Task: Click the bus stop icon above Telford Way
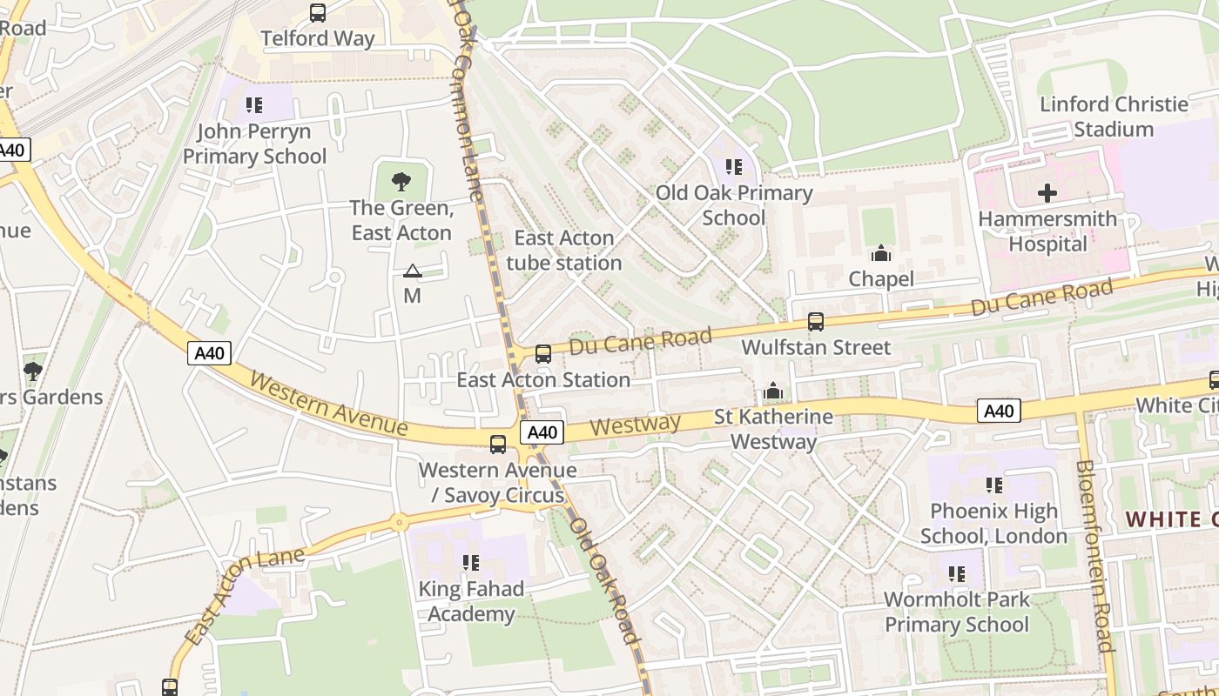tap(318, 13)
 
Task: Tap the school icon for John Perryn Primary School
tap(254, 105)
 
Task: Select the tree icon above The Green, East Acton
tap(401, 182)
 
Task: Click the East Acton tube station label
tap(564, 251)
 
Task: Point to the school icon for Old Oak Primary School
tap(734, 166)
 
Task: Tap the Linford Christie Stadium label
tap(1114, 117)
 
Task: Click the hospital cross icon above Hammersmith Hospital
tap(1047, 193)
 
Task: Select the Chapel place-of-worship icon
tap(881, 253)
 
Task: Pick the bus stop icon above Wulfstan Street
tap(816, 322)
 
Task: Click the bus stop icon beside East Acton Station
tap(543, 354)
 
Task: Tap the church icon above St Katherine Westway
tap(773, 391)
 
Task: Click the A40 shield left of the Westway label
tap(542, 432)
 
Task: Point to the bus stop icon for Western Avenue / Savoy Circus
tap(498, 445)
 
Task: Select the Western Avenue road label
tap(328, 405)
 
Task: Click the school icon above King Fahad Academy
tap(471, 563)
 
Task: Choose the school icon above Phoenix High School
tap(993, 485)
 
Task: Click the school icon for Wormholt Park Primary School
tap(957, 574)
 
